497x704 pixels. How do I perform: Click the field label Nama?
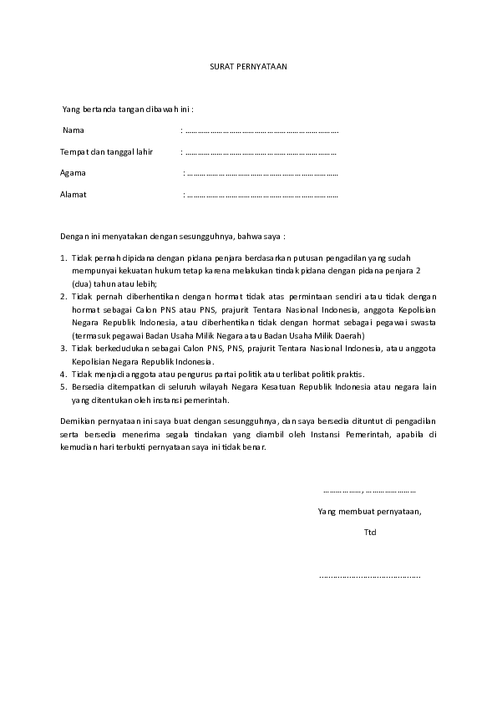(74, 130)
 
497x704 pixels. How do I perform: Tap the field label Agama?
(73, 173)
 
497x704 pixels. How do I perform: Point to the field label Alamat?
(74, 195)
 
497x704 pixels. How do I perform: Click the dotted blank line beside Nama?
(261, 131)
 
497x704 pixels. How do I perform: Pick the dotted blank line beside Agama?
(262, 174)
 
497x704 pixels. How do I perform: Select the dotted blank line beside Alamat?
(262, 196)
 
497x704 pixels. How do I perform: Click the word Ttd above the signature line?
(370, 532)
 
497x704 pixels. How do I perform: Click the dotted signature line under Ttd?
(369, 576)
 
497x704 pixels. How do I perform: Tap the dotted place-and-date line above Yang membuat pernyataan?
(369, 491)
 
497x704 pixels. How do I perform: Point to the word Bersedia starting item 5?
(89, 386)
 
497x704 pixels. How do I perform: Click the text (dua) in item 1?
(81, 283)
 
